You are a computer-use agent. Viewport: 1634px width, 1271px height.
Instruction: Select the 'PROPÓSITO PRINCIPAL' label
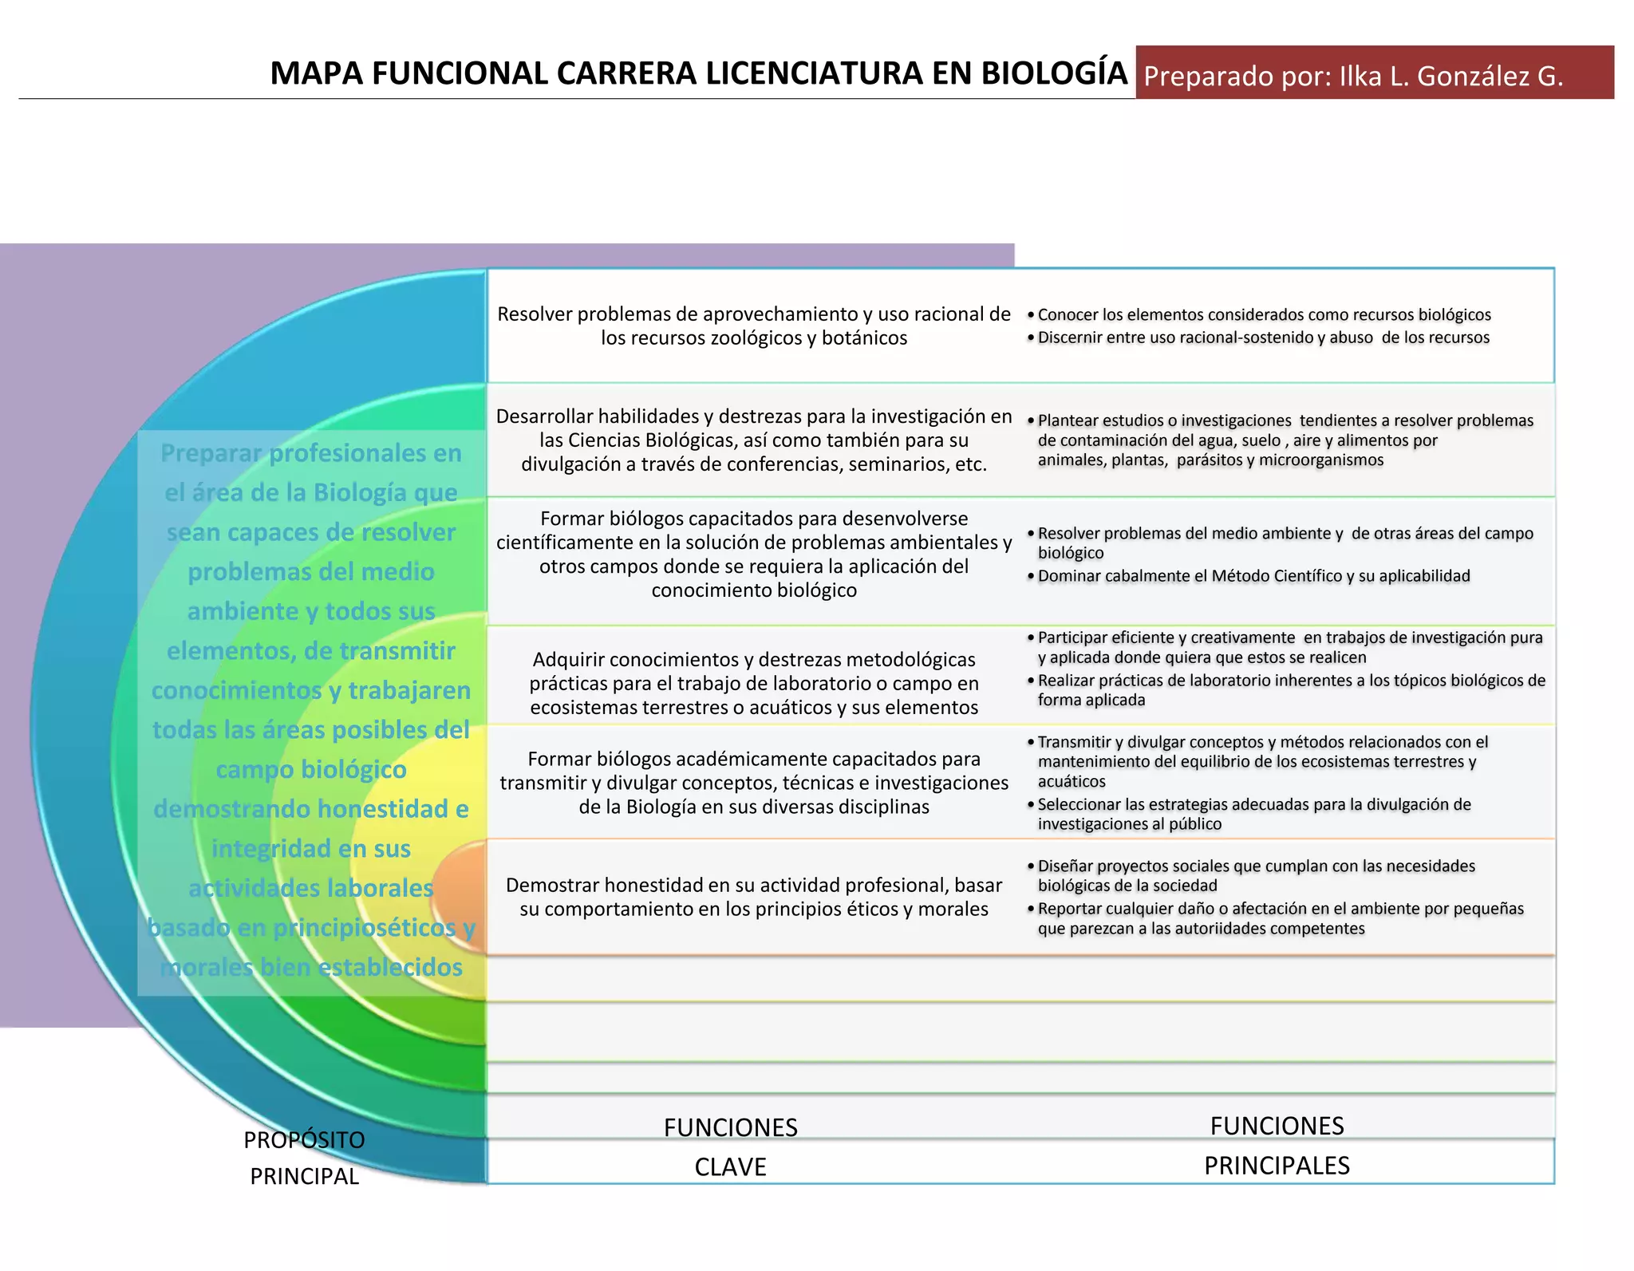pos(304,1158)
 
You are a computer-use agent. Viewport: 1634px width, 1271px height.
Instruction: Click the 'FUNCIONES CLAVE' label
pos(730,1147)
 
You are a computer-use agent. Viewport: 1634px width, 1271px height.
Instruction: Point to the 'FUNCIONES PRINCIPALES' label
pos(1277,1145)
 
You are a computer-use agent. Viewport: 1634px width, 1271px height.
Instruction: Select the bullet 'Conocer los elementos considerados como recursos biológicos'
pos(1264,315)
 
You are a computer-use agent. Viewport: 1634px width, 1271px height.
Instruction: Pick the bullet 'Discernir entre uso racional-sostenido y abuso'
pos(1263,337)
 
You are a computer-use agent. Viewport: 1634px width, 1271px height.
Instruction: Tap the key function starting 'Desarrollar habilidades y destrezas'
pos(753,440)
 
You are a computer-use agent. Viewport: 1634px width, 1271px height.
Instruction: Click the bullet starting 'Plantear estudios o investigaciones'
pos(1285,440)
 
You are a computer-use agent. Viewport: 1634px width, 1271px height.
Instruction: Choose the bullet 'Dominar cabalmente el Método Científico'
pos(1253,576)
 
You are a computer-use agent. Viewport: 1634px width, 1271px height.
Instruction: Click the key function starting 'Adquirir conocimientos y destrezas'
pos(753,683)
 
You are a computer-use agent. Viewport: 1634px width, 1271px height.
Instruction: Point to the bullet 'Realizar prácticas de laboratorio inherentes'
pos(1290,689)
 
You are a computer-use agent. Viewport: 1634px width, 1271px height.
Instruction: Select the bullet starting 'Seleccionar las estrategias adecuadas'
pos(1253,814)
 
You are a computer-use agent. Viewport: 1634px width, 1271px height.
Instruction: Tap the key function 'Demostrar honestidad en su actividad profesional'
pos(753,897)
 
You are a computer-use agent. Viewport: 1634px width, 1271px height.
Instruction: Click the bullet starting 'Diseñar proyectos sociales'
pos(1256,875)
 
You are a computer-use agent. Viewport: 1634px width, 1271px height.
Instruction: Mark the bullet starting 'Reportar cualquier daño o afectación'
pos(1280,918)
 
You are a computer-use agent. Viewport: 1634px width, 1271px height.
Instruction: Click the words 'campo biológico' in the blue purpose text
pos(310,769)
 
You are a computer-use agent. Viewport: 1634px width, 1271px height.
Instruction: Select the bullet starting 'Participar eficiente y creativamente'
pos(1289,647)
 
